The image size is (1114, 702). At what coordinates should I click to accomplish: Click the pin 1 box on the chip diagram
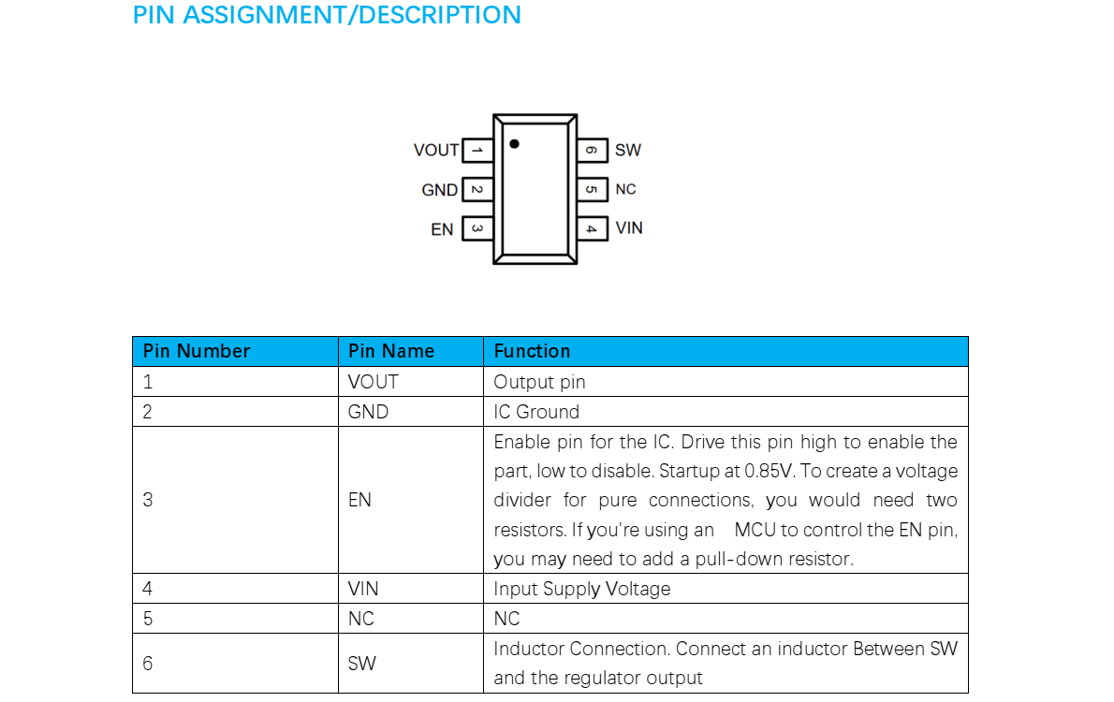pyautogui.click(x=477, y=150)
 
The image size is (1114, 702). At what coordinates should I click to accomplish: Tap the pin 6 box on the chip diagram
pyautogui.click(x=592, y=150)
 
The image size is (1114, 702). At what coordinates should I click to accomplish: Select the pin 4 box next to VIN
pyautogui.click(x=592, y=227)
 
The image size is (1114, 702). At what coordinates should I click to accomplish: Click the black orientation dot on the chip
pyautogui.click(x=514, y=144)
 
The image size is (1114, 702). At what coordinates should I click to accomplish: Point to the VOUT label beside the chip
pyautogui.click(x=436, y=150)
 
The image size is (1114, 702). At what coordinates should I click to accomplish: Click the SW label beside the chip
pyautogui.click(x=628, y=150)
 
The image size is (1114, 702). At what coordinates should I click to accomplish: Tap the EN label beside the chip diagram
pyautogui.click(x=442, y=229)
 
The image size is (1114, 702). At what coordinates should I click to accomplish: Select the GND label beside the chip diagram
pyautogui.click(x=439, y=190)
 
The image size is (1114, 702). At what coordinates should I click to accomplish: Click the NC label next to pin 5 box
pyautogui.click(x=625, y=189)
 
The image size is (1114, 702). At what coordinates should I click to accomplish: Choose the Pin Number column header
pyautogui.click(x=197, y=351)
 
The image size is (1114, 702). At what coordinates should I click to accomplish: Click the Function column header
pyautogui.click(x=532, y=351)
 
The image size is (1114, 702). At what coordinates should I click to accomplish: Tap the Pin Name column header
pyautogui.click(x=391, y=351)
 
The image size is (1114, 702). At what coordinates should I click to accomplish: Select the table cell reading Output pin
pyautogui.click(x=539, y=382)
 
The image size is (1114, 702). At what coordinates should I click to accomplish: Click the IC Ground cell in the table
pyautogui.click(x=536, y=412)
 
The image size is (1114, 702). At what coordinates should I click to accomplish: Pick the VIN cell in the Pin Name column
pyautogui.click(x=363, y=589)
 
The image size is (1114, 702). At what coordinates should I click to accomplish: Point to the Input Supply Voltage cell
pyautogui.click(x=582, y=589)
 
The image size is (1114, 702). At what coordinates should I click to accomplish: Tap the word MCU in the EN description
pyautogui.click(x=755, y=530)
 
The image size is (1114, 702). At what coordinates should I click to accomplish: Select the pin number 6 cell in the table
pyautogui.click(x=147, y=663)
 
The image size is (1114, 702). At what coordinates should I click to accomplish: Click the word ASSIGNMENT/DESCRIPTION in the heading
pyautogui.click(x=352, y=16)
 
